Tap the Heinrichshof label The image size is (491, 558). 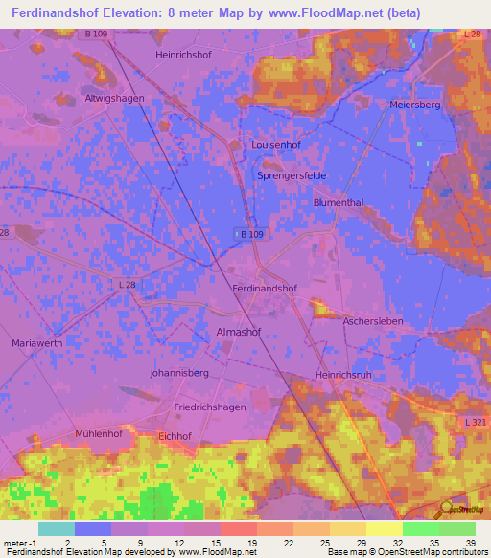pyautogui.click(x=182, y=56)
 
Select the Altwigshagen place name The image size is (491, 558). pyautogui.click(x=114, y=99)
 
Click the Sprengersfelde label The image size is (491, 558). pyautogui.click(x=292, y=177)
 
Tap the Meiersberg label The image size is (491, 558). pyautogui.click(x=415, y=105)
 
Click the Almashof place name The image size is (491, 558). pyautogui.click(x=235, y=332)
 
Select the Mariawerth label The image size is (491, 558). pyautogui.click(x=38, y=342)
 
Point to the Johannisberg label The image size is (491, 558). pyautogui.click(x=179, y=372)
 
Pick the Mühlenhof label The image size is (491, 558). pyautogui.click(x=99, y=433)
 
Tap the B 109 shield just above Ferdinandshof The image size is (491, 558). pyautogui.click(x=248, y=234)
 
